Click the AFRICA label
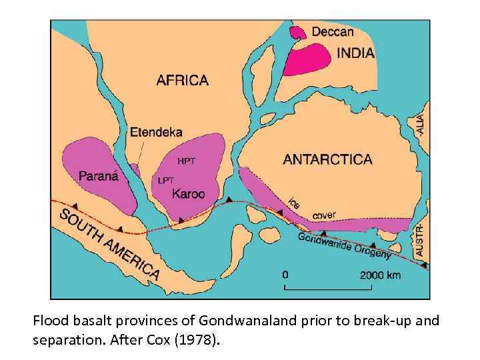click(x=182, y=81)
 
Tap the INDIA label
click(x=355, y=53)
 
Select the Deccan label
click(x=333, y=31)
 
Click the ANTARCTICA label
click(x=327, y=159)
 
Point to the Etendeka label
click(x=156, y=132)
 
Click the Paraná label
click(x=98, y=177)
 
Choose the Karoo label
click(x=189, y=194)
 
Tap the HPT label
click(x=186, y=161)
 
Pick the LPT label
click(x=166, y=180)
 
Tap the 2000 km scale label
click(x=381, y=275)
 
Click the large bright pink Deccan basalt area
click(x=307, y=58)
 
